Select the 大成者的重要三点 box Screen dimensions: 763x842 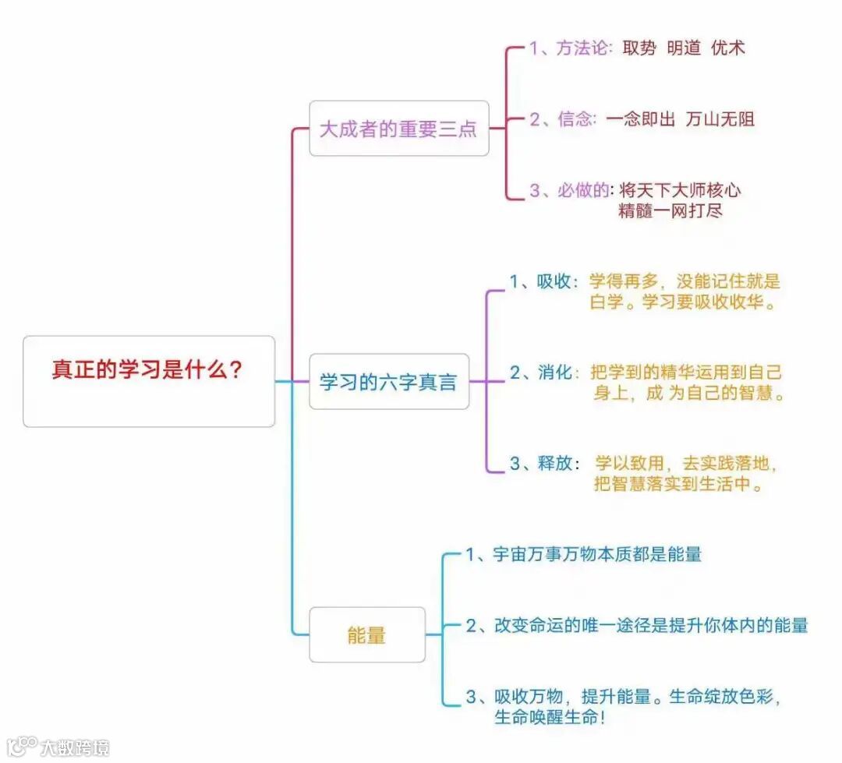click(x=398, y=129)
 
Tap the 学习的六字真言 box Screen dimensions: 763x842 click(x=389, y=382)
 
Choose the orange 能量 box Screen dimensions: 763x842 click(x=366, y=635)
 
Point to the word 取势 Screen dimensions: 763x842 click(x=639, y=48)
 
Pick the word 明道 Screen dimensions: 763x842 click(x=684, y=48)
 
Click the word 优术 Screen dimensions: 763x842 click(x=728, y=48)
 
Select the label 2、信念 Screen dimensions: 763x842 click(x=562, y=119)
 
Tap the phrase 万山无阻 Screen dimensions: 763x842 click(x=720, y=119)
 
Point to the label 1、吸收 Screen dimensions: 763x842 click(x=543, y=282)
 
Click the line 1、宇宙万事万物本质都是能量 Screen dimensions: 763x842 click(x=584, y=555)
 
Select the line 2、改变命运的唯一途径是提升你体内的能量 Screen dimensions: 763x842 click(x=637, y=625)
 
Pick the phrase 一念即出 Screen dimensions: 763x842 click(x=640, y=119)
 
